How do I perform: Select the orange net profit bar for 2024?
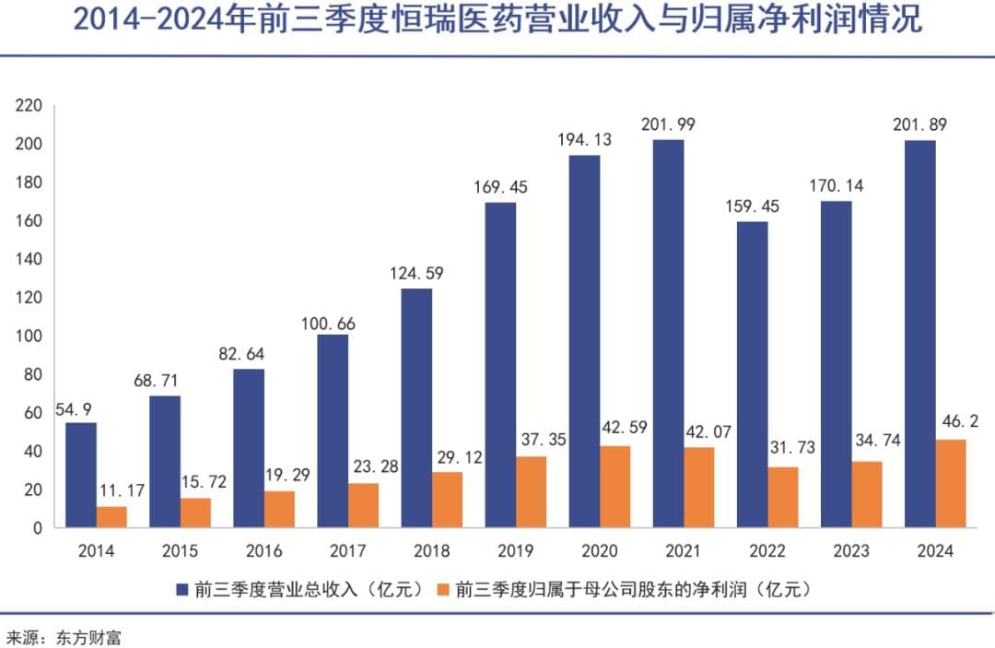click(x=950, y=483)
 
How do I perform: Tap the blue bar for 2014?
click(x=81, y=475)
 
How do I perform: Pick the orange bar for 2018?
click(x=447, y=500)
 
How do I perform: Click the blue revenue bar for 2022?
click(x=752, y=374)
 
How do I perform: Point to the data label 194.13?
click(x=585, y=140)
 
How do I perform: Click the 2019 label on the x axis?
click(x=515, y=551)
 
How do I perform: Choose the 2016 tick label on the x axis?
click(x=263, y=551)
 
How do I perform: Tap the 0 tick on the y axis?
click(x=37, y=528)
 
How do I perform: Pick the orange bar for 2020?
click(x=615, y=487)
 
